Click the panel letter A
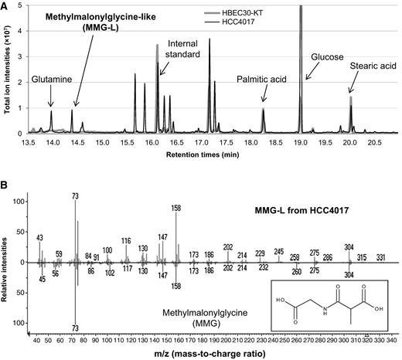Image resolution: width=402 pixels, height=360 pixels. click(6, 5)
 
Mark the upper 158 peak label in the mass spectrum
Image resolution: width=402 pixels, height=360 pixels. click(176, 207)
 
